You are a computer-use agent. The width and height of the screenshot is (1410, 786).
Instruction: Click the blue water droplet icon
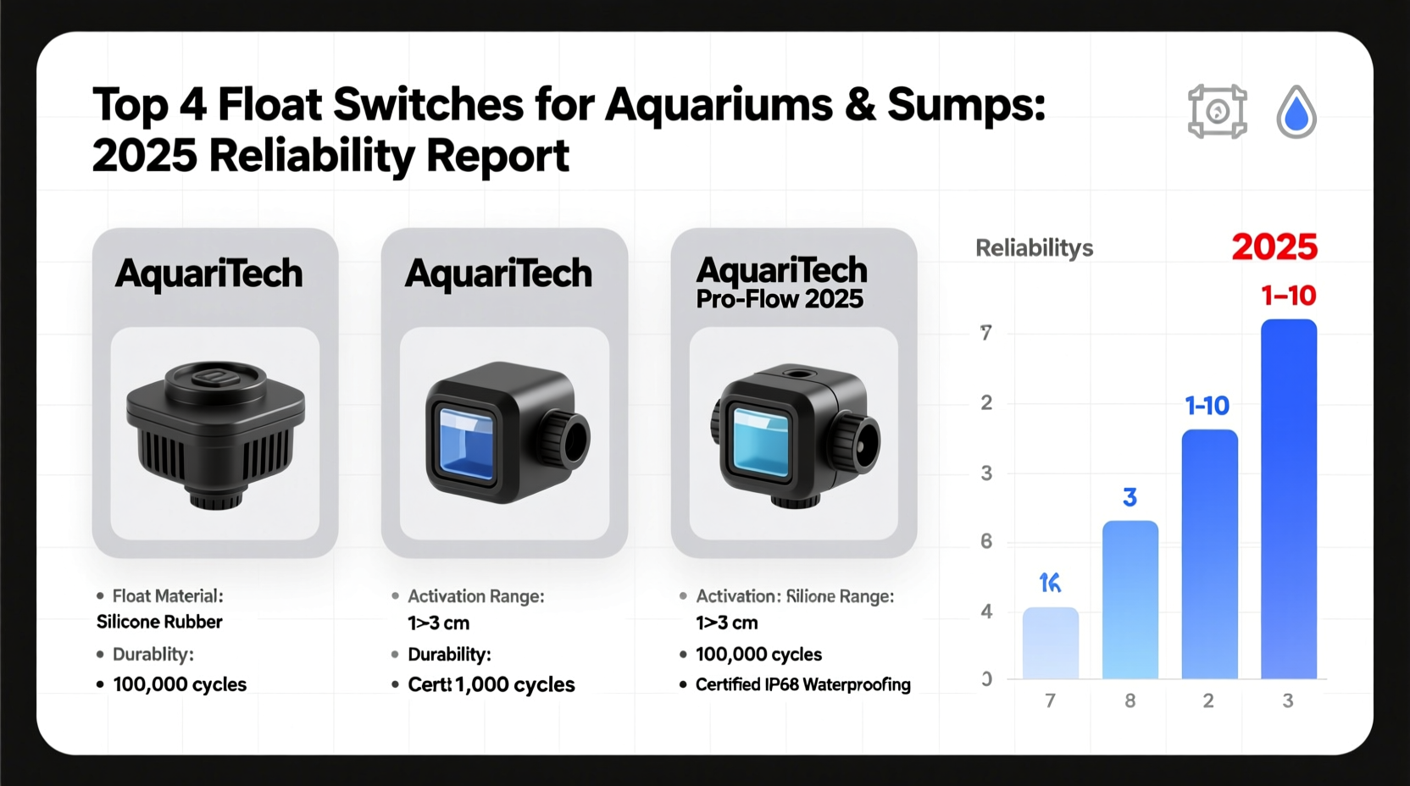coord(1296,113)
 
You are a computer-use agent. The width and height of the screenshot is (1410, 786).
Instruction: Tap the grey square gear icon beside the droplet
coord(1218,111)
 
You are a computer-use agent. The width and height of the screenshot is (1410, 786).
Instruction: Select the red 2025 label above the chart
coord(1274,247)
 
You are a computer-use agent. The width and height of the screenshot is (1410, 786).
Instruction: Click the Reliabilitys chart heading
coord(1034,248)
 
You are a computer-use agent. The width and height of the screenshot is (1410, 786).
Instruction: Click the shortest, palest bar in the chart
coord(1051,643)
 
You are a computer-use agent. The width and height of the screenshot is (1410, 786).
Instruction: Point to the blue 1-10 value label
coord(1207,407)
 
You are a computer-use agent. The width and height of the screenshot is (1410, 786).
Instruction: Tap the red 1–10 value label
coord(1288,296)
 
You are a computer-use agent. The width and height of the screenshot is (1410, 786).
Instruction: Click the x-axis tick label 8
coord(1130,700)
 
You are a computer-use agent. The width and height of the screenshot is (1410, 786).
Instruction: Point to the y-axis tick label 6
coord(986,541)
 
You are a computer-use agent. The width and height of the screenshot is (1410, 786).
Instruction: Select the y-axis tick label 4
coord(986,612)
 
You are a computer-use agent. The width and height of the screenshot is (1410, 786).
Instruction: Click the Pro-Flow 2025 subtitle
coord(779,299)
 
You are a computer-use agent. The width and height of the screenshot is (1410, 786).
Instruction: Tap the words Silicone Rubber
coord(159,622)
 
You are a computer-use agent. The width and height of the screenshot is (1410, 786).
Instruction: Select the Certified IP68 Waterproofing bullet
coord(802,684)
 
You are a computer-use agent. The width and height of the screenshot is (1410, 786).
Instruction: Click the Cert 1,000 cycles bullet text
coord(491,684)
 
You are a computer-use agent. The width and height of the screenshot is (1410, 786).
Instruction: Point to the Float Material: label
coord(168,596)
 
